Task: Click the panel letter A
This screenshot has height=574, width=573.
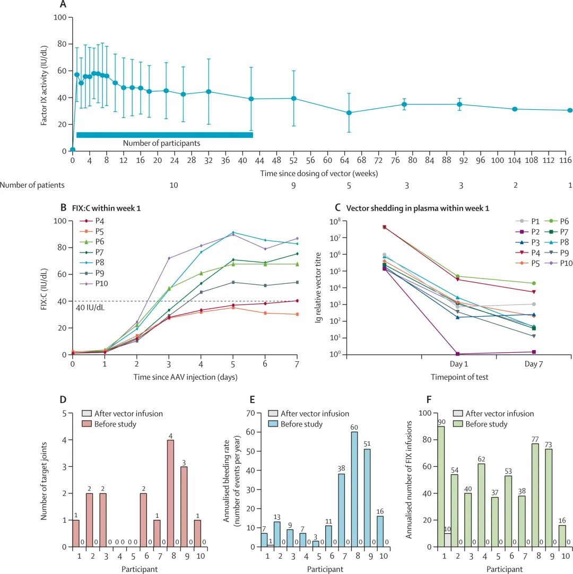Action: click(63, 5)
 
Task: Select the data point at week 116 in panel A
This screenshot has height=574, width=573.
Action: click(570, 110)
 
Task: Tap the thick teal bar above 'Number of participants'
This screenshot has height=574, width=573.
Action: click(164, 135)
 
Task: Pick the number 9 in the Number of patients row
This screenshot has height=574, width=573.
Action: click(293, 185)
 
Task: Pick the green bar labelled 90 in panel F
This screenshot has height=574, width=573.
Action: click(441, 486)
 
